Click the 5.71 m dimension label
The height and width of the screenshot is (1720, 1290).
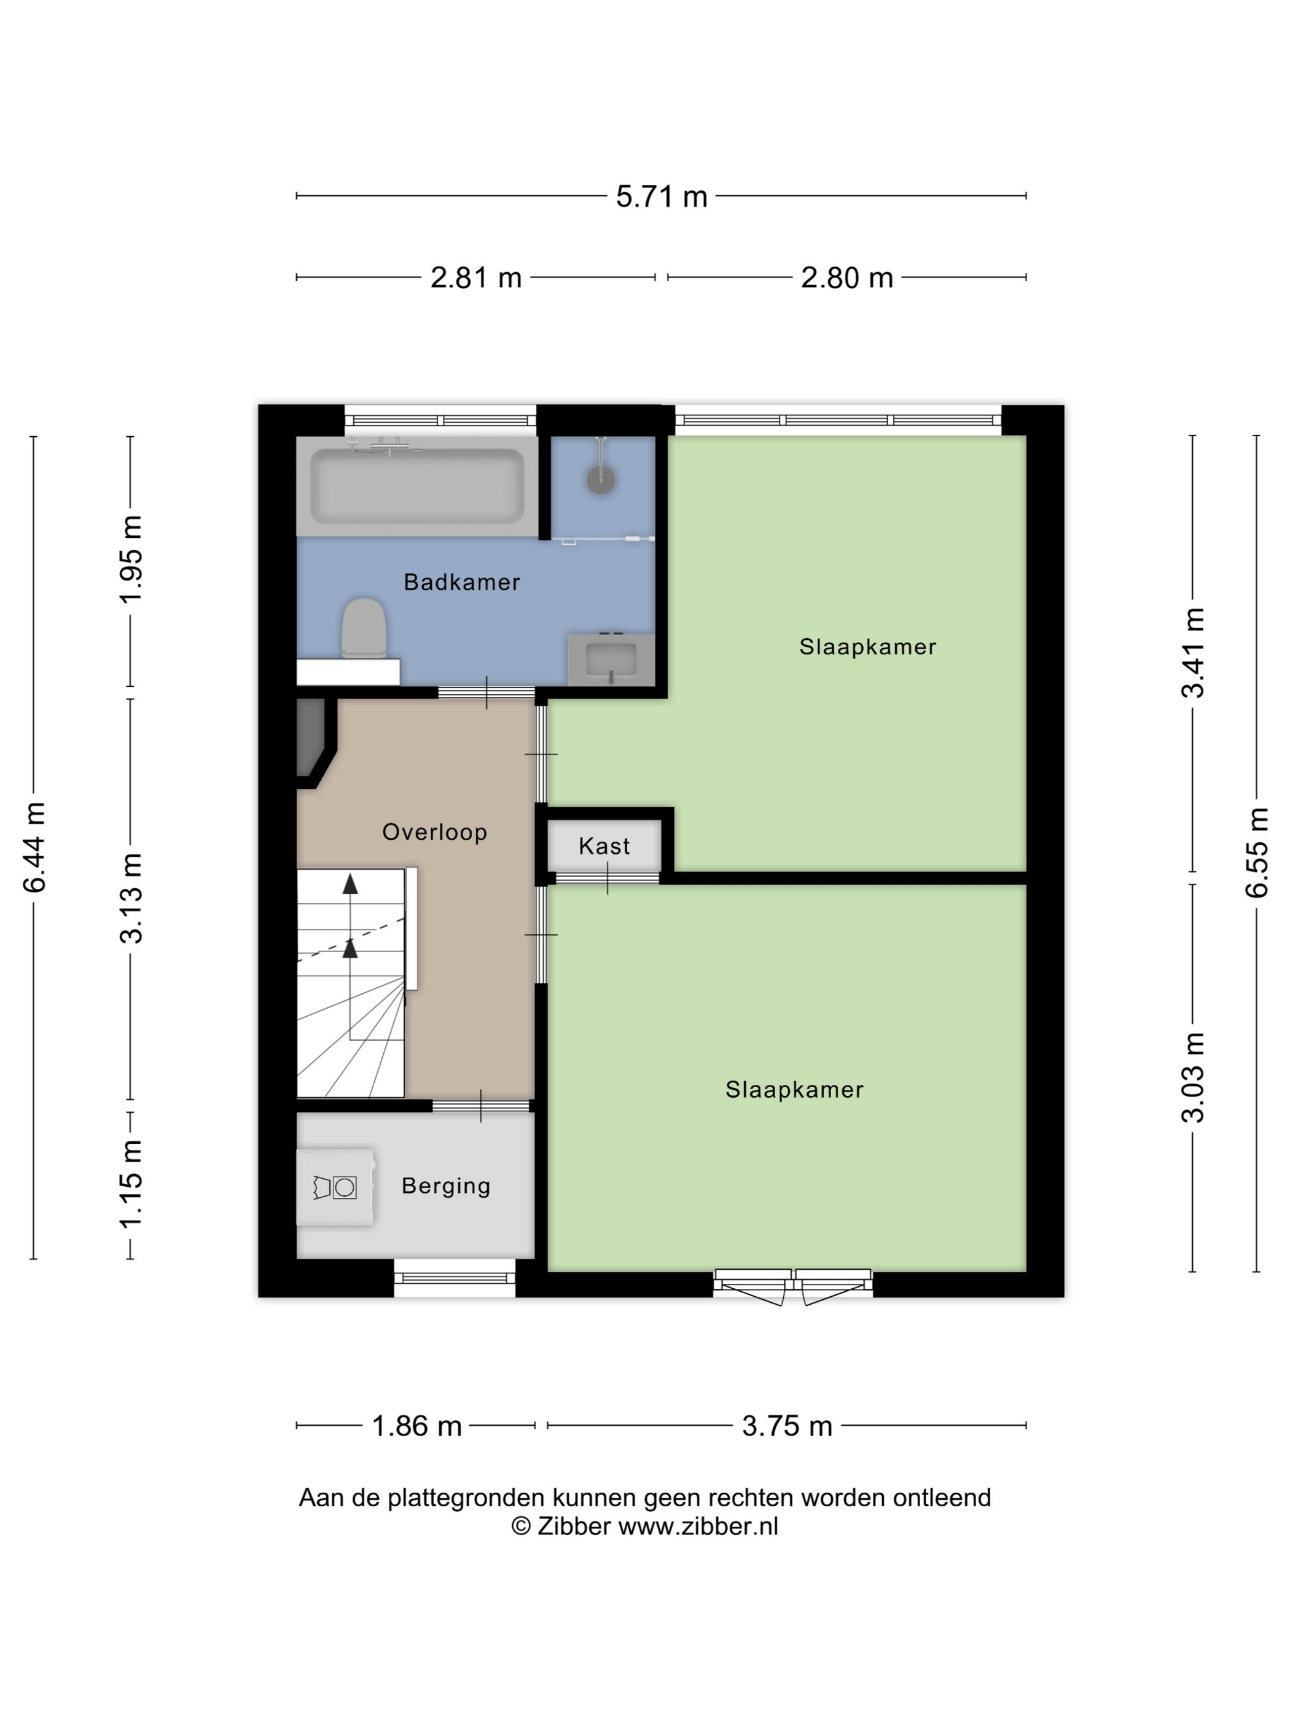661,196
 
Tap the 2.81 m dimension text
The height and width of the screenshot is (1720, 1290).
476,278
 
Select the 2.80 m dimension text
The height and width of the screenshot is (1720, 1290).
846,278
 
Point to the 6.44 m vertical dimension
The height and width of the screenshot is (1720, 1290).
35,846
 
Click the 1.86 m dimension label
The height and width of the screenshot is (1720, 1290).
416,1425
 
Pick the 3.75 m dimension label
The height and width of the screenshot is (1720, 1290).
787,1425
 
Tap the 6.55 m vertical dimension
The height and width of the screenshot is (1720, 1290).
1257,852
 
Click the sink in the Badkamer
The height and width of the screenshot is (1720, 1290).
611,659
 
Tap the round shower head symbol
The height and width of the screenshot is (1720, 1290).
600,480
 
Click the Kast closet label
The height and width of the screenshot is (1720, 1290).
604,846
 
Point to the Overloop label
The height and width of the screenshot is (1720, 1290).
435,832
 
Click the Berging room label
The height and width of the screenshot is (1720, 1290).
445,1186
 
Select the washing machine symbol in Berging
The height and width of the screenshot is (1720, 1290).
335,1187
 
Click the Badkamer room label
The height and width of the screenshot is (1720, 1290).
462,582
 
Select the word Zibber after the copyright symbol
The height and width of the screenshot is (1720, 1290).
574,1526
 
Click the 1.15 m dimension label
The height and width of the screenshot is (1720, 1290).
131,1184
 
